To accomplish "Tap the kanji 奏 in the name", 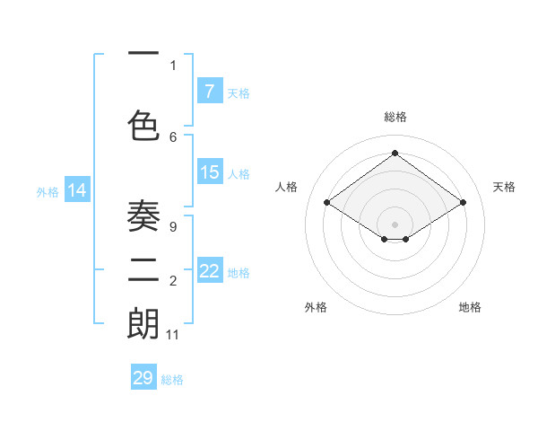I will tap(143, 215).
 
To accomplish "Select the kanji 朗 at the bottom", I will tap(143, 324).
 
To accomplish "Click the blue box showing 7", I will tap(209, 91).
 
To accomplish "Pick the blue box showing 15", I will tap(209, 172).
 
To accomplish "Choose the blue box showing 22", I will tap(209, 271).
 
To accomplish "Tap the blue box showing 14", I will tap(76, 189).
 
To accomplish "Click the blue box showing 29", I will tap(143, 378).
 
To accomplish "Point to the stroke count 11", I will tap(173, 335).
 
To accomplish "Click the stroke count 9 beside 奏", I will tap(172, 227).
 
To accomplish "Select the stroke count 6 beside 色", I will tap(173, 136).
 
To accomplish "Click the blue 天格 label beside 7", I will tap(239, 92).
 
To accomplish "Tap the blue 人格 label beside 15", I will tap(239, 174).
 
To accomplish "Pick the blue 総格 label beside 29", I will tap(172, 380).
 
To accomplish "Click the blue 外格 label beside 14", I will tap(48, 191).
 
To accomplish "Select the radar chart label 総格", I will tap(395, 117).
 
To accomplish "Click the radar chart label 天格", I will tap(504, 187).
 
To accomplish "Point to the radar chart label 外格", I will tap(316, 307).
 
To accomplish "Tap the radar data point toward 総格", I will tap(395, 154).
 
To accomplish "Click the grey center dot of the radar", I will tap(395, 223).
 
